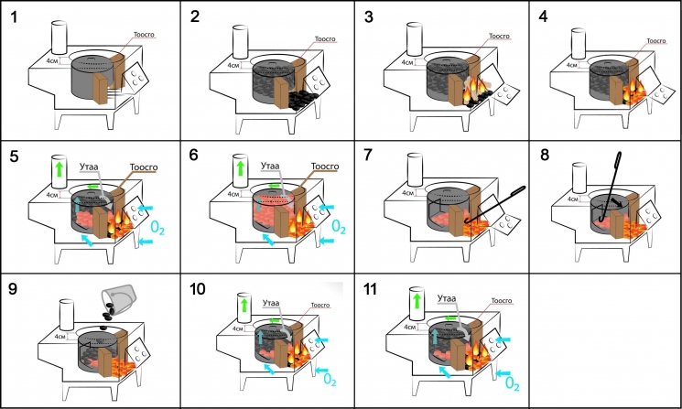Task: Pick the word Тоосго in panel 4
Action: (x=655, y=40)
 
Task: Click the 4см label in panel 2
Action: (x=221, y=66)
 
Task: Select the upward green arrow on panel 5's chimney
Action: (x=60, y=169)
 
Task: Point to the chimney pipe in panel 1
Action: (x=60, y=38)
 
